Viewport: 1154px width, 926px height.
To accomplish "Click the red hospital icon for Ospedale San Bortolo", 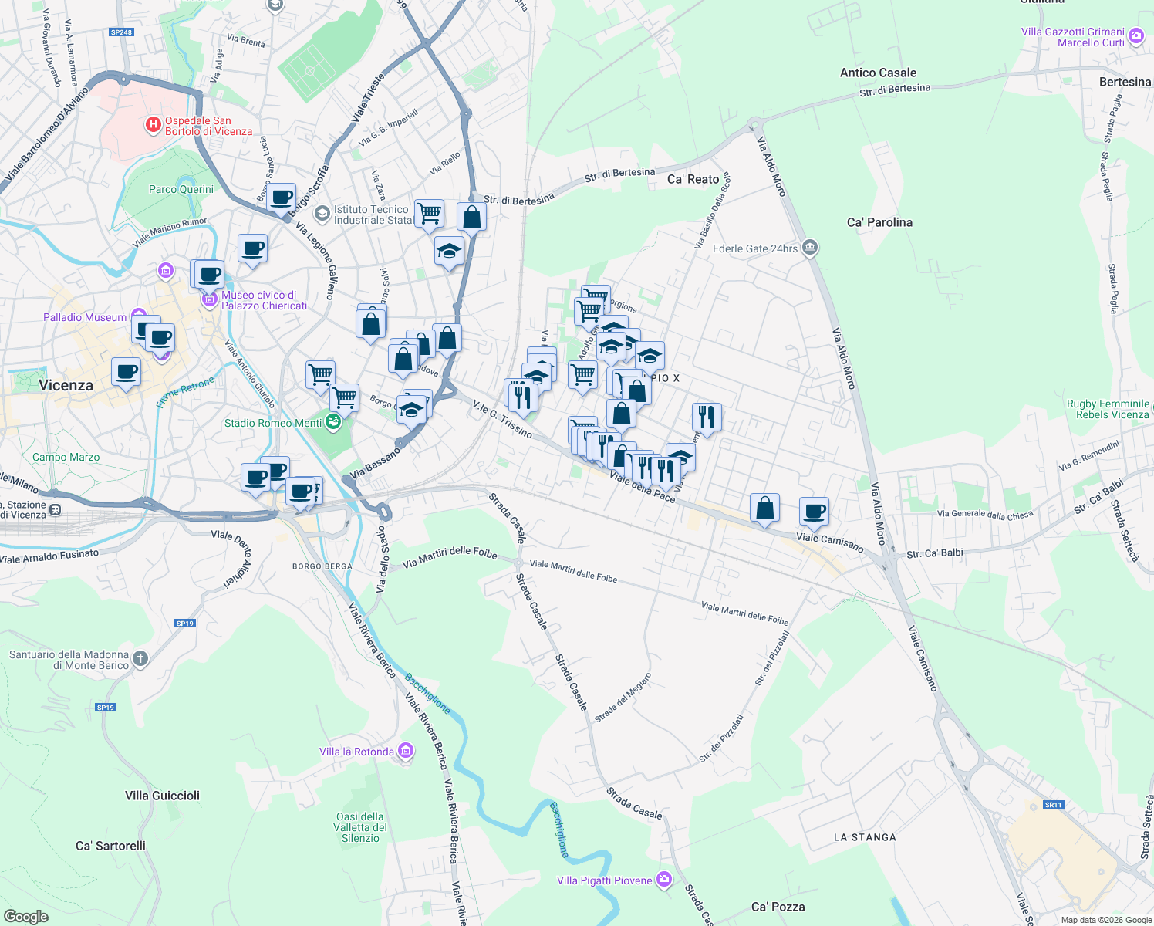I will click(x=154, y=123).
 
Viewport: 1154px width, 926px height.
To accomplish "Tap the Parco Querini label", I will click(x=181, y=189).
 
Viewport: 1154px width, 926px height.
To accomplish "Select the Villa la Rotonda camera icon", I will click(x=407, y=751).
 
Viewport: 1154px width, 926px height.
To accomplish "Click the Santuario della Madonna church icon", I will click(x=140, y=658).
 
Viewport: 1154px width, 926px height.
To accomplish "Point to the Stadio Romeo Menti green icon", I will click(x=332, y=422).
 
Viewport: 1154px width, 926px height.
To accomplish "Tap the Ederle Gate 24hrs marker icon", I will click(x=809, y=248).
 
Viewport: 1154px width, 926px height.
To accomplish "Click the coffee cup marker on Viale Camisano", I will click(x=814, y=510).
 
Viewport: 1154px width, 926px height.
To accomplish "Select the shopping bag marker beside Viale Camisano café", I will click(x=764, y=508).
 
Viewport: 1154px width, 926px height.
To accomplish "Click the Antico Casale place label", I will click(x=878, y=73).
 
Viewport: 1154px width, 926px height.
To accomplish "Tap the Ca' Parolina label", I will click(x=879, y=222).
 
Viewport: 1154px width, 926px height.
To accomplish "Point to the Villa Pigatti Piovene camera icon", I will click(x=664, y=880).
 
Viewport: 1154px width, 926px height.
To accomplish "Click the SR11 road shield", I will click(x=1053, y=804).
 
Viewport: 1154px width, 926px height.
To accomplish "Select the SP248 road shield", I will click(x=121, y=32).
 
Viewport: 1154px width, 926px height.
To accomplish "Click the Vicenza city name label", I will click(x=66, y=385).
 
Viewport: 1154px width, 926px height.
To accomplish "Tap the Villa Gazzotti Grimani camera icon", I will click(x=1135, y=36).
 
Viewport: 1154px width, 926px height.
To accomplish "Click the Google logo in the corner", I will click(x=25, y=916).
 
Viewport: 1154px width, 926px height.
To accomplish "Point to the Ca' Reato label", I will click(x=693, y=179).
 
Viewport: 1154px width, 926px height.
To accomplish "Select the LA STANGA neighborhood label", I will click(x=865, y=837).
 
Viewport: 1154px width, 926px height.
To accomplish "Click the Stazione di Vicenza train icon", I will click(x=55, y=509).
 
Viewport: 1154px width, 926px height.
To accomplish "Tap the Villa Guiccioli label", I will click(x=162, y=796).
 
